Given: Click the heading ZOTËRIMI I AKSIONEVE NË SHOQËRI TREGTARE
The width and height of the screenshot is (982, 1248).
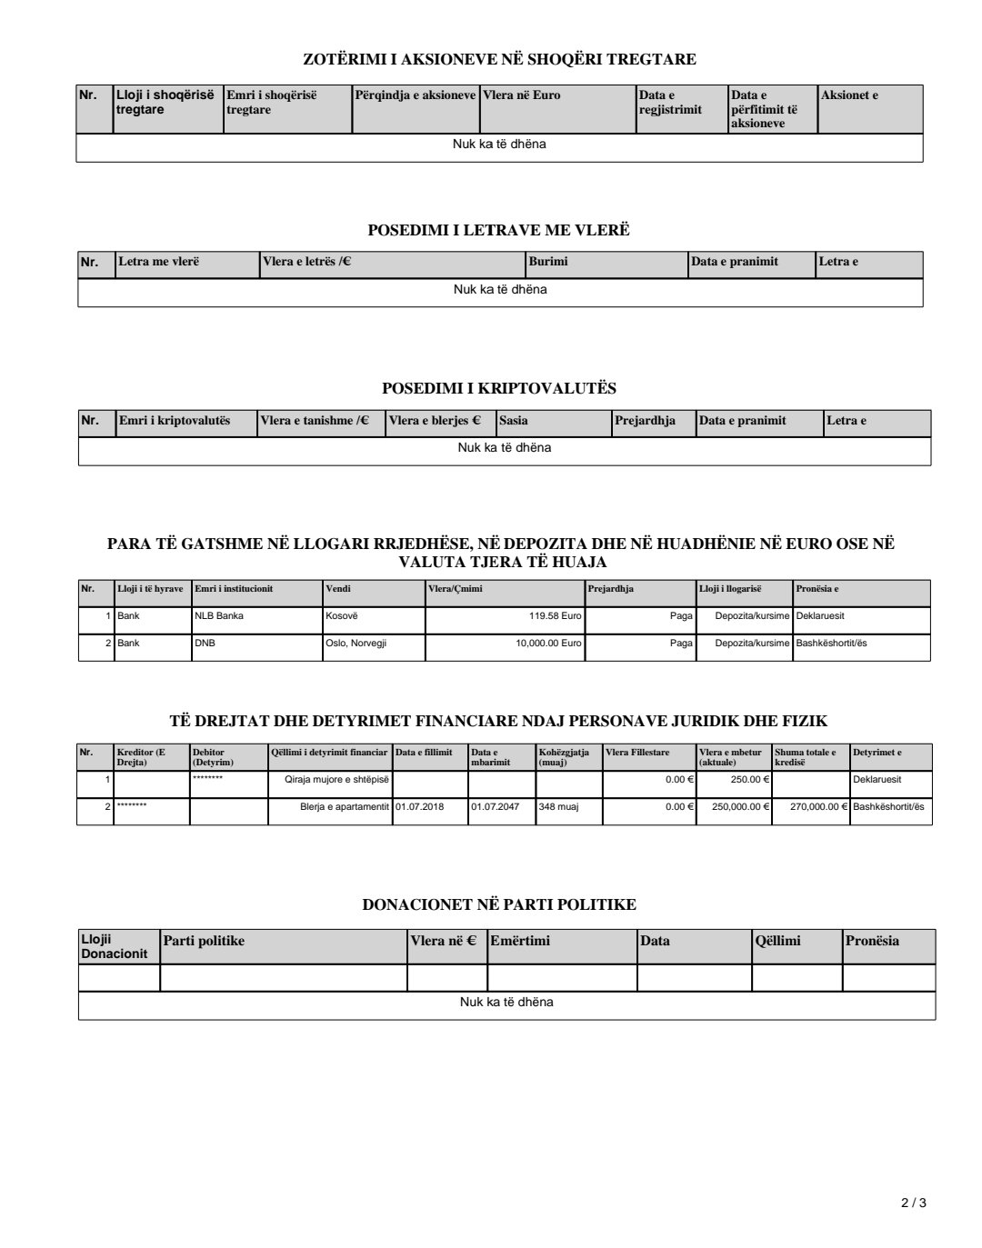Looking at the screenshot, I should point(498,60).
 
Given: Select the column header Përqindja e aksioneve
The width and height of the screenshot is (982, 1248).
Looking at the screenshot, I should point(415,95).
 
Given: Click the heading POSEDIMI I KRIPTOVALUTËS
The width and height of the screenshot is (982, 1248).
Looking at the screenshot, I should point(499,389).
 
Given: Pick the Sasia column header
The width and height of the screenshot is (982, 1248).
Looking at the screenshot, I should point(513,421).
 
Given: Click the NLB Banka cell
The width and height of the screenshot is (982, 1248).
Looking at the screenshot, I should point(219,615).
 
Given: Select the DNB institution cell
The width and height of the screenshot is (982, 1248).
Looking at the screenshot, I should point(205,644).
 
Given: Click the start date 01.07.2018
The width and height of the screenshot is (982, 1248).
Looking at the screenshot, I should point(420,806).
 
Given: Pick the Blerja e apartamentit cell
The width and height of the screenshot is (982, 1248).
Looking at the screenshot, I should point(345,806).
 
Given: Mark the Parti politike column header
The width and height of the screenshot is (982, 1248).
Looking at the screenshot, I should point(204,941).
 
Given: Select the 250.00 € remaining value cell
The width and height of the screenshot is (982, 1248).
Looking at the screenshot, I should point(751,779).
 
